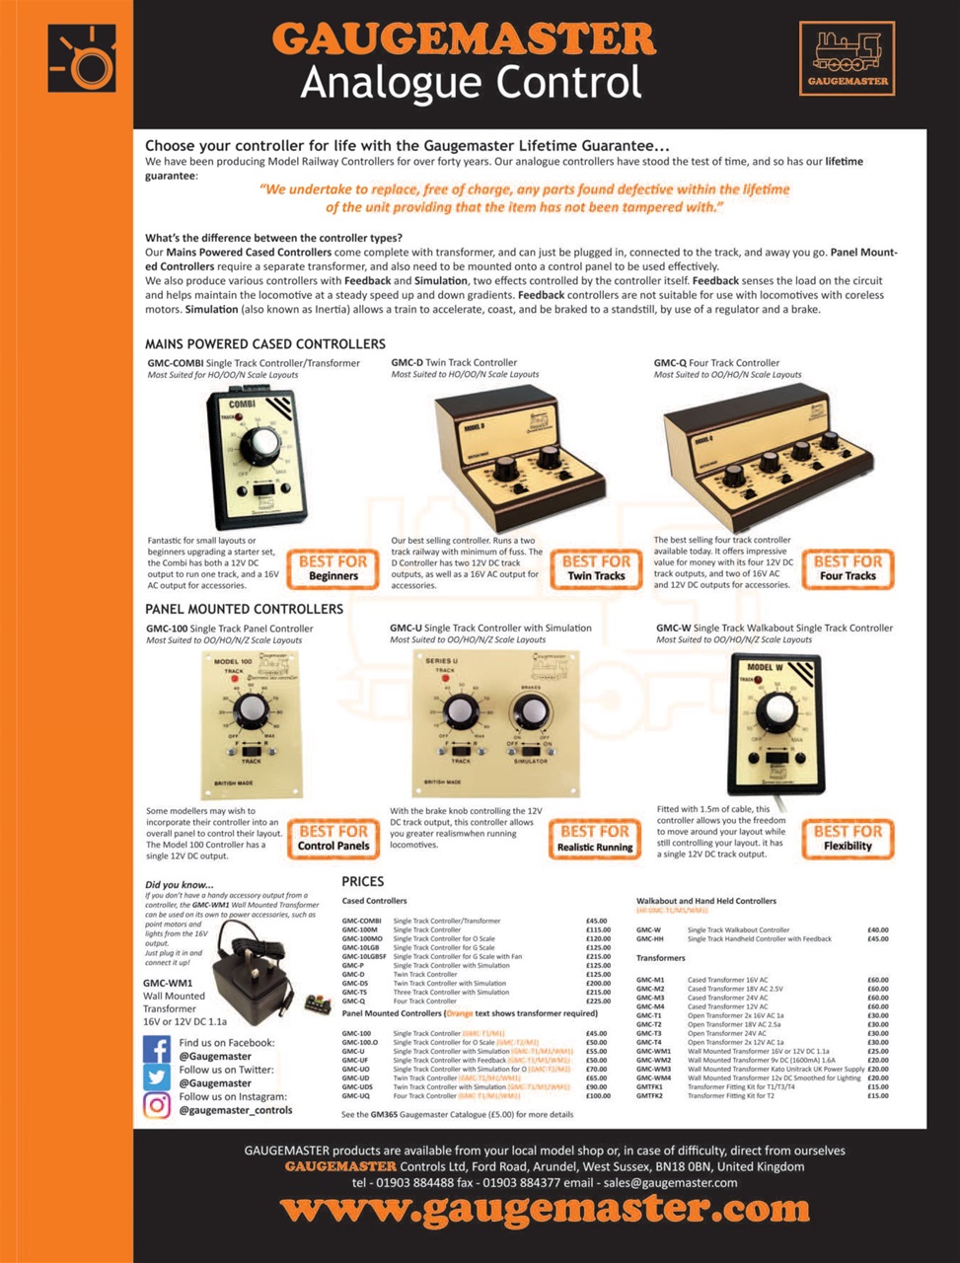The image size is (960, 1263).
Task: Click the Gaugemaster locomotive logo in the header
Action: (848, 58)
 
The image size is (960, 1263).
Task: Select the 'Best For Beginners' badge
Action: (332, 567)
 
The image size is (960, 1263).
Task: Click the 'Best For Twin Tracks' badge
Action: (595, 567)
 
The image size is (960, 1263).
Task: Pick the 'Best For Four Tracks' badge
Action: (848, 567)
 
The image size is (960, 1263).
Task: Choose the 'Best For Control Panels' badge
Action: (332, 838)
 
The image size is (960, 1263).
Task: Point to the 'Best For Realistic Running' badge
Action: (594, 838)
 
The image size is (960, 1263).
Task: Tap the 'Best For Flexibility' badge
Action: (848, 838)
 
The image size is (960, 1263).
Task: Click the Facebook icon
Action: (157, 1049)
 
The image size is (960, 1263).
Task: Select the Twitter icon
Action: (157, 1077)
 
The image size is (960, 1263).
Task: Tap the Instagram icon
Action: (157, 1104)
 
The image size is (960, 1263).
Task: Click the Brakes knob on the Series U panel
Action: (531, 710)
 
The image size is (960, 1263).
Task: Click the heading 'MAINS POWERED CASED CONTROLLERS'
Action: (265, 344)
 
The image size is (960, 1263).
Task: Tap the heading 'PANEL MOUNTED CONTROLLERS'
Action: (245, 609)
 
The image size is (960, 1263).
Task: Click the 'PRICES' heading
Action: (363, 881)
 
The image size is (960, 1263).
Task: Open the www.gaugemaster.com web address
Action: (545, 1209)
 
